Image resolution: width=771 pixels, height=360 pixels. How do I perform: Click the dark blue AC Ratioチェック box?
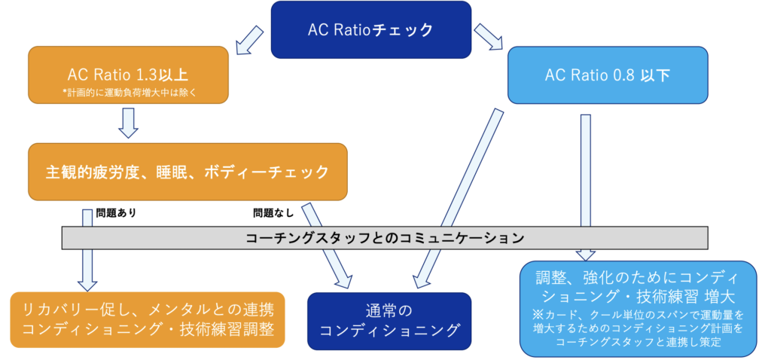tap(370, 29)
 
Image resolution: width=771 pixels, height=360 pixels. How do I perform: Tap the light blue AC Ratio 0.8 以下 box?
tap(608, 76)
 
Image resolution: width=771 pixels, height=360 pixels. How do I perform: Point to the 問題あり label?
tap(115, 214)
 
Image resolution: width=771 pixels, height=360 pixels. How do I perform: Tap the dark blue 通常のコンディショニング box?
tap(389, 320)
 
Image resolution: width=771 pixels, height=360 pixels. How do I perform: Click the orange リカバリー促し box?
tap(148, 319)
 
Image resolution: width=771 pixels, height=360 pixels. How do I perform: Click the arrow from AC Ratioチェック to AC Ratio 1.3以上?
tap(248, 42)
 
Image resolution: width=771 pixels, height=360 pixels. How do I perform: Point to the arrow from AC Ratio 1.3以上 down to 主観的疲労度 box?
tap(129, 124)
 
